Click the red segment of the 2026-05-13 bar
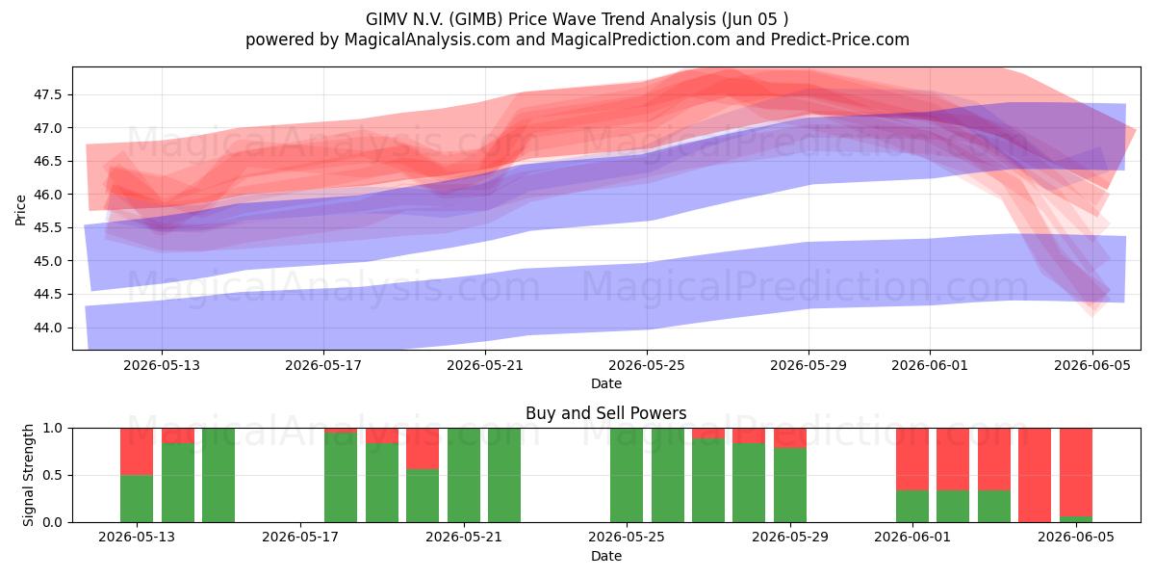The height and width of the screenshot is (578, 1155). (x=137, y=452)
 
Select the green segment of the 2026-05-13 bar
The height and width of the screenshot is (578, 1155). (x=137, y=499)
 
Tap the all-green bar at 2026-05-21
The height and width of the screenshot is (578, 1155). (x=464, y=475)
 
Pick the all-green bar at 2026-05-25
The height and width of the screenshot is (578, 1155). (x=627, y=475)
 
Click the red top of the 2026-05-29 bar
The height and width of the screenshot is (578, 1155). (x=790, y=438)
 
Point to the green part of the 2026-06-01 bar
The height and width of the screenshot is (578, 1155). (x=912, y=507)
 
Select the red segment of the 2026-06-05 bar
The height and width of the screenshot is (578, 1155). (x=1076, y=472)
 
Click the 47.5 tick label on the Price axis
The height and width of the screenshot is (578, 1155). (x=47, y=95)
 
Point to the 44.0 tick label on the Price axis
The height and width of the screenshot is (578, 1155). (x=47, y=328)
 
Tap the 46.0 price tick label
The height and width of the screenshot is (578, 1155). (x=47, y=195)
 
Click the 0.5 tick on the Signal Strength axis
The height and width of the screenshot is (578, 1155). (x=52, y=475)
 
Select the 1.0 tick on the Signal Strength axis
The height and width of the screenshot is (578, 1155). (x=52, y=429)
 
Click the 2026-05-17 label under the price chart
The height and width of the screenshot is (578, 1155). (x=323, y=365)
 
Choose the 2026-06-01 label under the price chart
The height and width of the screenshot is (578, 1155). (x=930, y=365)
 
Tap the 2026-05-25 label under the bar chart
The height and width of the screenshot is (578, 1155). (x=627, y=538)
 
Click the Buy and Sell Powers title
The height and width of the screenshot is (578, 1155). (x=605, y=413)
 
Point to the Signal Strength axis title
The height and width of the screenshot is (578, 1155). (x=28, y=475)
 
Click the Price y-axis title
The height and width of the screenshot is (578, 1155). (x=20, y=210)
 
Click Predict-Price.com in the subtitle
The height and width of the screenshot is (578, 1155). (x=840, y=39)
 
